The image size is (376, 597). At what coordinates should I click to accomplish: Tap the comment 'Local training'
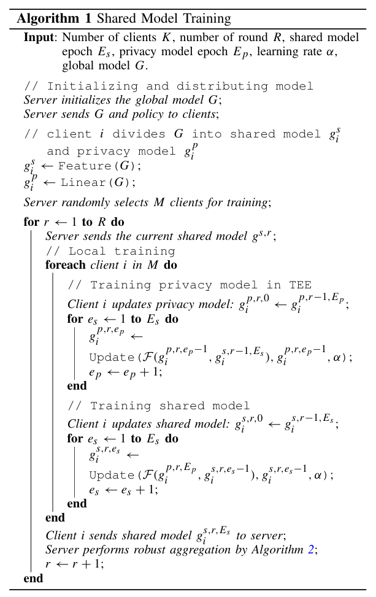click(x=121, y=251)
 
